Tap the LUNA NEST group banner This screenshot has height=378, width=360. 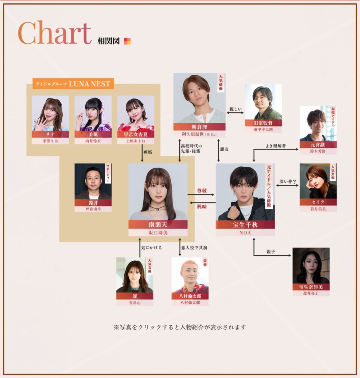point(73,84)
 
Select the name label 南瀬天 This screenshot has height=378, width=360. point(158,224)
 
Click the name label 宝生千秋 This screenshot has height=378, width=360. point(245,225)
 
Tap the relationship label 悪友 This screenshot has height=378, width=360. point(225,149)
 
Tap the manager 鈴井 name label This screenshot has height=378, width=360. point(93,203)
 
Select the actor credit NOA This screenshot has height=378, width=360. point(245,232)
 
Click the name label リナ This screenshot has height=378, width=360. point(50,134)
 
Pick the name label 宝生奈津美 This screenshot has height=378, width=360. point(311,287)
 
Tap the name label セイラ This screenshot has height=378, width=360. point(318,202)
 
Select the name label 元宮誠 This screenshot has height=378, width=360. point(318,145)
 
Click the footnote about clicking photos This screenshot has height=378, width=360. point(180,327)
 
